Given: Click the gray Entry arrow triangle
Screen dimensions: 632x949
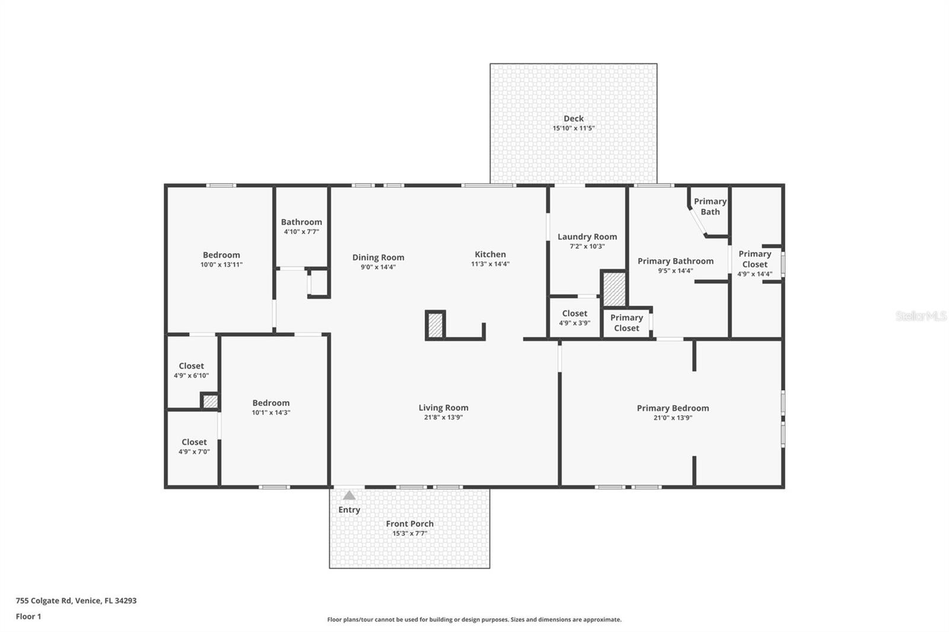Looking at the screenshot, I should [x=349, y=495].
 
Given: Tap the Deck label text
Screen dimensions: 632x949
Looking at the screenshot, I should [x=574, y=119].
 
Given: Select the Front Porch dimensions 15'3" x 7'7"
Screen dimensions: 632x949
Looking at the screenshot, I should [x=409, y=534].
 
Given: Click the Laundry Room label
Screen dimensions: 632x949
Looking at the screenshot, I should [x=587, y=237].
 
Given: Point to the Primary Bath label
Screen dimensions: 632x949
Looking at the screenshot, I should [x=710, y=206].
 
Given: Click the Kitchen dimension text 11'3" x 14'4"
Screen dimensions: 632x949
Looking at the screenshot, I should [x=490, y=264].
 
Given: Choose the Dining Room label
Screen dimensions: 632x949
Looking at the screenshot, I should [x=378, y=257].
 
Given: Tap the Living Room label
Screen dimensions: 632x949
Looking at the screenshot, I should [x=443, y=407].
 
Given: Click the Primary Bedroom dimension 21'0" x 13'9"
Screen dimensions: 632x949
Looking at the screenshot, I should [x=673, y=418].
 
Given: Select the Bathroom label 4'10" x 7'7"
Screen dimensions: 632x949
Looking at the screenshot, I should [x=301, y=226].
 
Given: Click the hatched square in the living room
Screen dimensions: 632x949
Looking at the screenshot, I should [x=435, y=325].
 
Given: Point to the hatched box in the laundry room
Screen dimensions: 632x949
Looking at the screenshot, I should [x=614, y=289].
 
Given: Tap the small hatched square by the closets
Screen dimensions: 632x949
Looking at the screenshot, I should [x=210, y=401].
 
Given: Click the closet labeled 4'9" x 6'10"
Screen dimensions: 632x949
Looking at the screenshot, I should [x=191, y=371].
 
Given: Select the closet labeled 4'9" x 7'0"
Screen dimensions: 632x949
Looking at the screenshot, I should [x=194, y=446].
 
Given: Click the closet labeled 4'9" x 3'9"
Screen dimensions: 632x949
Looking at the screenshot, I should [x=574, y=318].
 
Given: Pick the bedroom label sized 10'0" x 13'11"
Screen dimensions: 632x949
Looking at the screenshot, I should [x=221, y=260].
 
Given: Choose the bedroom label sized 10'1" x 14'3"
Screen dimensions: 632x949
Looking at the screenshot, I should [x=270, y=407].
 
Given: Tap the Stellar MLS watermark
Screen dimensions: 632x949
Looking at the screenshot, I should [x=921, y=316].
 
